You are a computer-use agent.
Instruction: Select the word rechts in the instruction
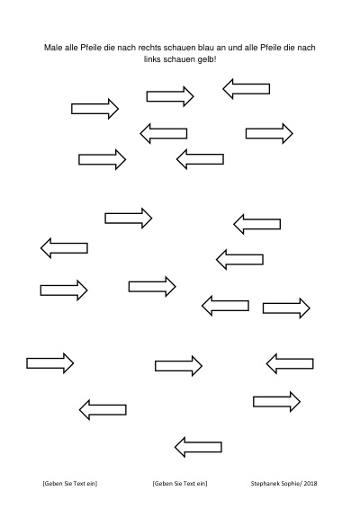point(149,48)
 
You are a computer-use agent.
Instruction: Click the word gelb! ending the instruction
point(207,60)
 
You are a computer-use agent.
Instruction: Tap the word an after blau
point(221,48)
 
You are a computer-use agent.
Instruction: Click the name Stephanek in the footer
point(264,483)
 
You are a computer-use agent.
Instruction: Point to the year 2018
point(310,483)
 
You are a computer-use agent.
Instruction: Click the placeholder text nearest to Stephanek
point(180,483)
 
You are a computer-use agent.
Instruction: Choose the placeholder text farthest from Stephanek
point(70,483)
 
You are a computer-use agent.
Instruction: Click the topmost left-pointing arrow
point(247,89)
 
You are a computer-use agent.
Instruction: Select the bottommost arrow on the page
point(199,447)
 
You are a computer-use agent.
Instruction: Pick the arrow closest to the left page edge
point(50,363)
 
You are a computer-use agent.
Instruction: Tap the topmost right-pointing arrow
point(170,96)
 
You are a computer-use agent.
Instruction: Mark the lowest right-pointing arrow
point(277,402)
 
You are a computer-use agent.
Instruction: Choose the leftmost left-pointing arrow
point(64,248)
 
